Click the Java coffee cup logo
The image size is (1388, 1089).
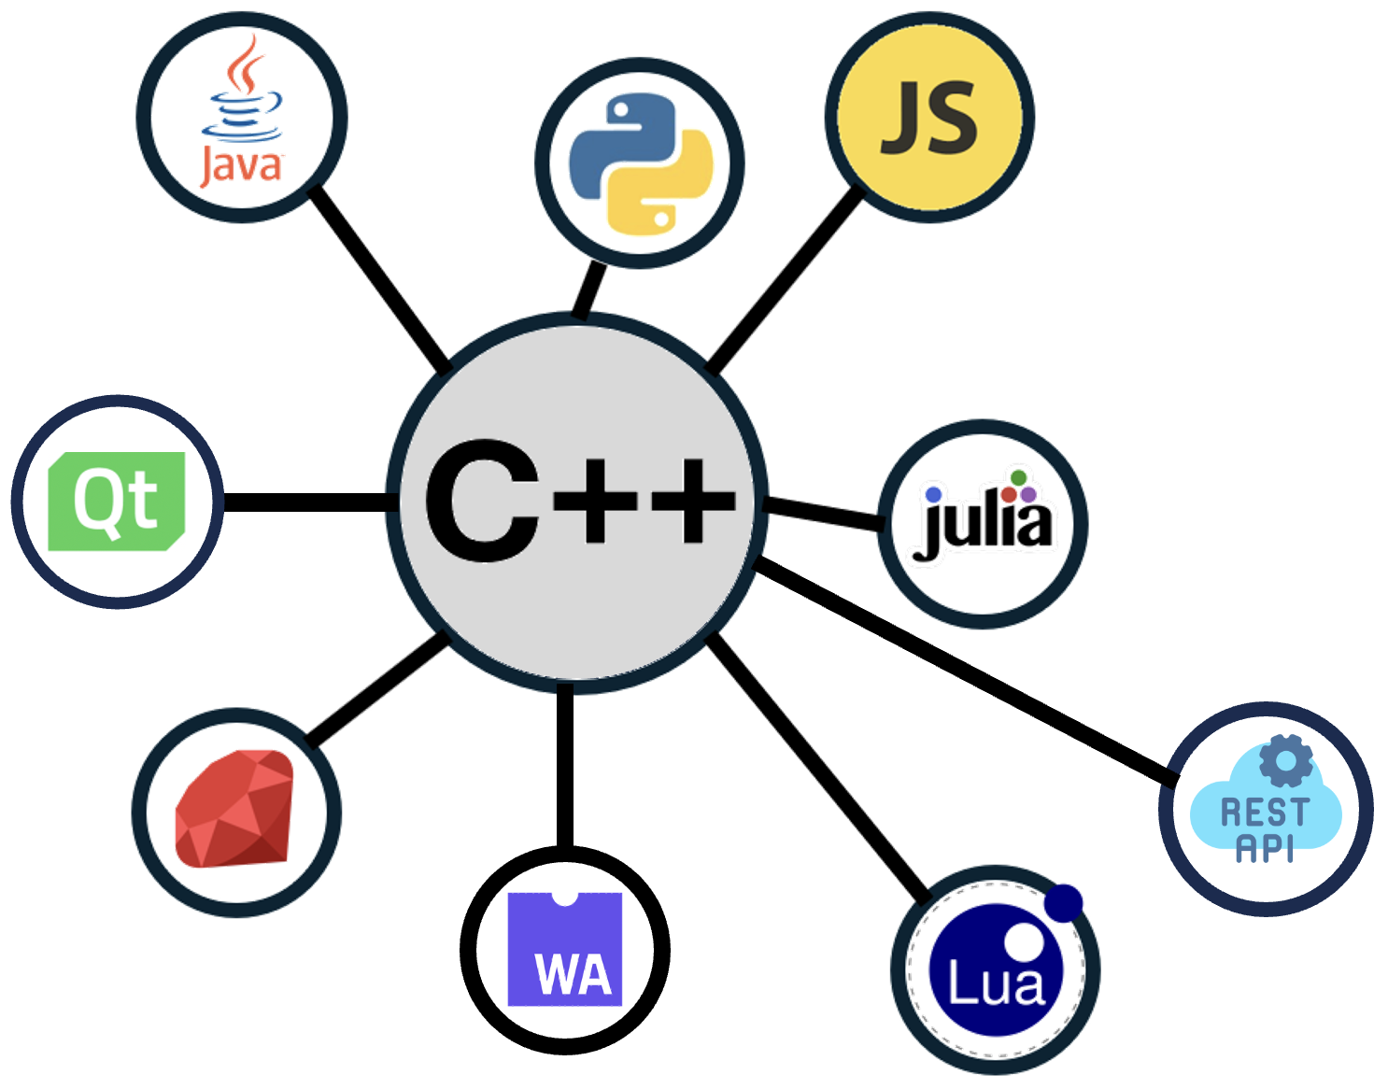point(242,111)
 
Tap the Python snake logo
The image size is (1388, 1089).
point(641,164)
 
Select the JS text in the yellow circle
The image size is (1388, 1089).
point(929,118)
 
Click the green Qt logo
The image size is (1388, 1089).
point(117,502)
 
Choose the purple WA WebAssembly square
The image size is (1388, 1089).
point(565,949)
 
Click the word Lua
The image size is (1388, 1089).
point(996,983)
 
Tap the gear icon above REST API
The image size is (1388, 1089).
point(1286,760)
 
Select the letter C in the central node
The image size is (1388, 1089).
point(483,501)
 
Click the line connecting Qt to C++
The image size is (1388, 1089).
point(306,502)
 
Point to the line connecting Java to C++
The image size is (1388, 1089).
point(380,279)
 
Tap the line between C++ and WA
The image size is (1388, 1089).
point(565,765)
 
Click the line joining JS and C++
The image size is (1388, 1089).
point(785,279)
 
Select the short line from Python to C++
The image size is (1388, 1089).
point(589,290)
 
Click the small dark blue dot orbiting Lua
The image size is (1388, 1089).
point(1064,903)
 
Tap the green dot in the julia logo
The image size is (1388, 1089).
point(1019,477)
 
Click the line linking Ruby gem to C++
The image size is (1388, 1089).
point(377,690)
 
